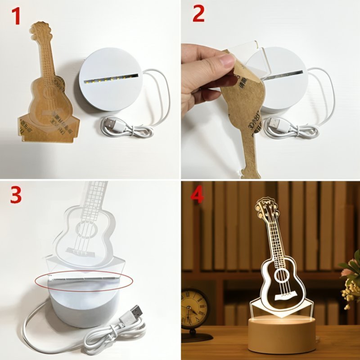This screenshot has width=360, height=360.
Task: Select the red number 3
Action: click(16, 194)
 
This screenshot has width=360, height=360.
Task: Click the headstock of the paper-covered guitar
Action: click(40, 30)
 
